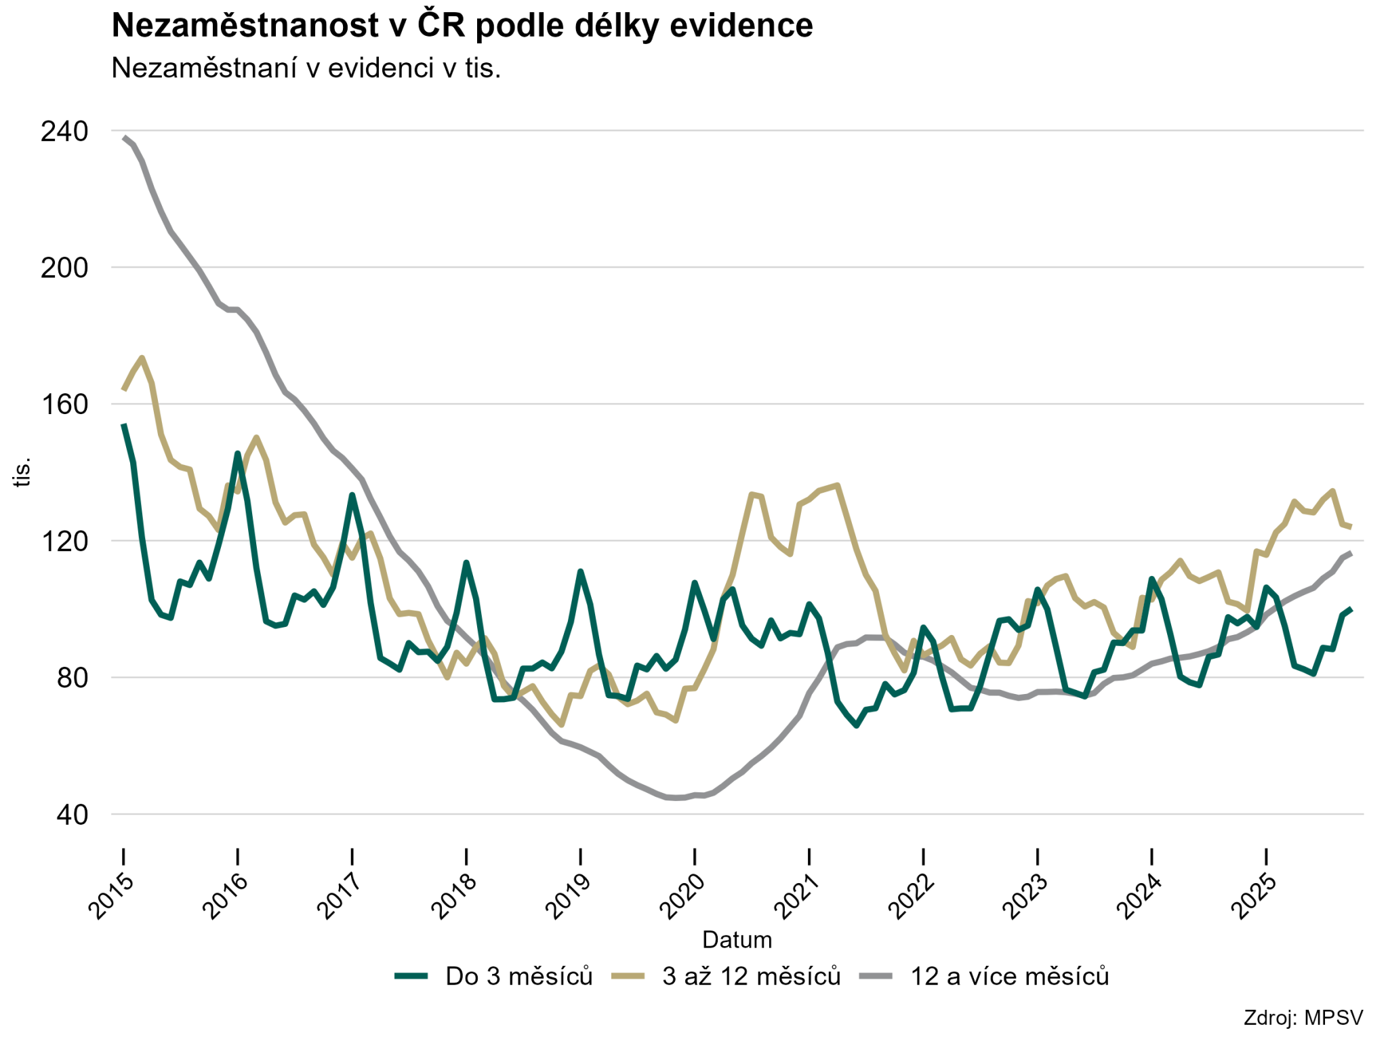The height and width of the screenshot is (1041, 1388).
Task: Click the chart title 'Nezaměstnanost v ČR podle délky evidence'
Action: (462, 26)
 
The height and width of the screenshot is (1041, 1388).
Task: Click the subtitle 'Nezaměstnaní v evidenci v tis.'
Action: (306, 68)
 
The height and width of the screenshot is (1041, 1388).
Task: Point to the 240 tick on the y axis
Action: (64, 131)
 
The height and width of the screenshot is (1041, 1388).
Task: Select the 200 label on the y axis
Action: (64, 268)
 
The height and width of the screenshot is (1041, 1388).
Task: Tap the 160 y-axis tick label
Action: (64, 405)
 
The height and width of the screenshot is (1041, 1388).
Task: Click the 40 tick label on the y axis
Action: (72, 815)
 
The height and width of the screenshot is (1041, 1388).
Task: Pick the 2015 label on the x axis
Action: (111, 897)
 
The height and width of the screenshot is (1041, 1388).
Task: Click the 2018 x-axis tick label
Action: (454, 897)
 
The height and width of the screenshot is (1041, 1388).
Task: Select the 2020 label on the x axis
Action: (682, 897)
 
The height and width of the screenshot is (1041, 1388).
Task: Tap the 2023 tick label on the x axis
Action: (1025, 897)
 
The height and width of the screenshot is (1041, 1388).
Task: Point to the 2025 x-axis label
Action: (1254, 897)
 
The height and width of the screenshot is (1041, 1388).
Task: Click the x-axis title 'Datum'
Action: (737, 940)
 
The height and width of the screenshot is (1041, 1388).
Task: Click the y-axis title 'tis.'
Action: (22, 472)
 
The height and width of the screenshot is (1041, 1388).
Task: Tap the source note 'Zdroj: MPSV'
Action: (1303, 1018)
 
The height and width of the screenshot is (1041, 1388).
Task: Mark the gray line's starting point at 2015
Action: (124, 138)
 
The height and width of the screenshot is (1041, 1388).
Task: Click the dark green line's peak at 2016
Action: (238, 453)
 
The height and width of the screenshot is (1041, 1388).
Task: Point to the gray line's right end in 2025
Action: (1351, 553)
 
